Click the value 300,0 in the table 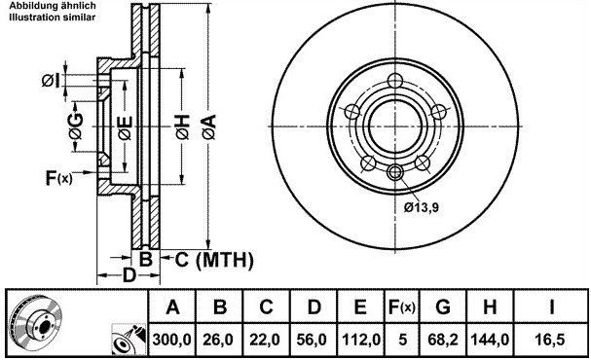coord(172,340)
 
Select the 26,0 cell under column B coord(220,340)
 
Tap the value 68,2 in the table coord(443,340)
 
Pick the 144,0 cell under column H coord(490,340)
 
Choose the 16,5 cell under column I coord(551,340)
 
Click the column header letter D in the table coord(314,307)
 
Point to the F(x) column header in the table coord(402,307)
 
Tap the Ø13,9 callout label coord(421,207)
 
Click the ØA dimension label coord(209,126)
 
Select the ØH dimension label coord(182,127)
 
